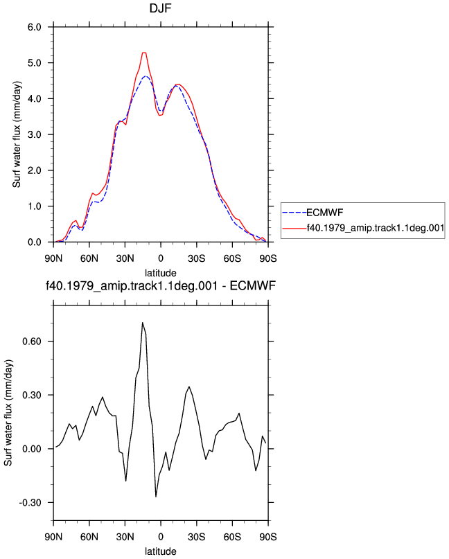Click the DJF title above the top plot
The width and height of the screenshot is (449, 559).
pos(161,8)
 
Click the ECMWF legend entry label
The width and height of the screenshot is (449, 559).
pos(324,213)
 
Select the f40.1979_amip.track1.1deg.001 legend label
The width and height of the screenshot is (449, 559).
pos(375,227)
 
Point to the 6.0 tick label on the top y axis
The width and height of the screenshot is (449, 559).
pos(35,27)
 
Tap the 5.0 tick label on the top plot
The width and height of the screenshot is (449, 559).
pos(35,63)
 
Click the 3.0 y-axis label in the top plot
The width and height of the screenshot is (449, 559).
pos(35,135)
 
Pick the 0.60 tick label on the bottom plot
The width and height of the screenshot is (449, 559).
pos(32,341)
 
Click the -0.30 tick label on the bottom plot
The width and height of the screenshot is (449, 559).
pos(30,503)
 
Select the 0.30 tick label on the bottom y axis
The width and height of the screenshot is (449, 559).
pos(32,395)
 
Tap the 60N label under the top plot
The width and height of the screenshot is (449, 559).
pos(89,258)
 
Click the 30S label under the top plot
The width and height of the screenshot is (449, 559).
pos(197,258)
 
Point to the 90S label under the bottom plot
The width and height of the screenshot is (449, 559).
pos(268,537)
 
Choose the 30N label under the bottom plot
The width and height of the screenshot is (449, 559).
pos(125,537)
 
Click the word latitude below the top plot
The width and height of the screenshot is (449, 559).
pos(161,273)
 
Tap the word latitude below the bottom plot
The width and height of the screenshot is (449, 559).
pos(161,551)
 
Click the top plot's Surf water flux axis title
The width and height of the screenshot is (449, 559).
pos(17,134)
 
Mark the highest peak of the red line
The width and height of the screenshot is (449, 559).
pos(144,53)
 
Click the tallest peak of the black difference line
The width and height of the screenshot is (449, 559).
pos(142,323)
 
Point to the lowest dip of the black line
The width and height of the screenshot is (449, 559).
pos(156,497)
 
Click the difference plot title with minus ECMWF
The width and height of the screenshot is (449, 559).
pos(161,286)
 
